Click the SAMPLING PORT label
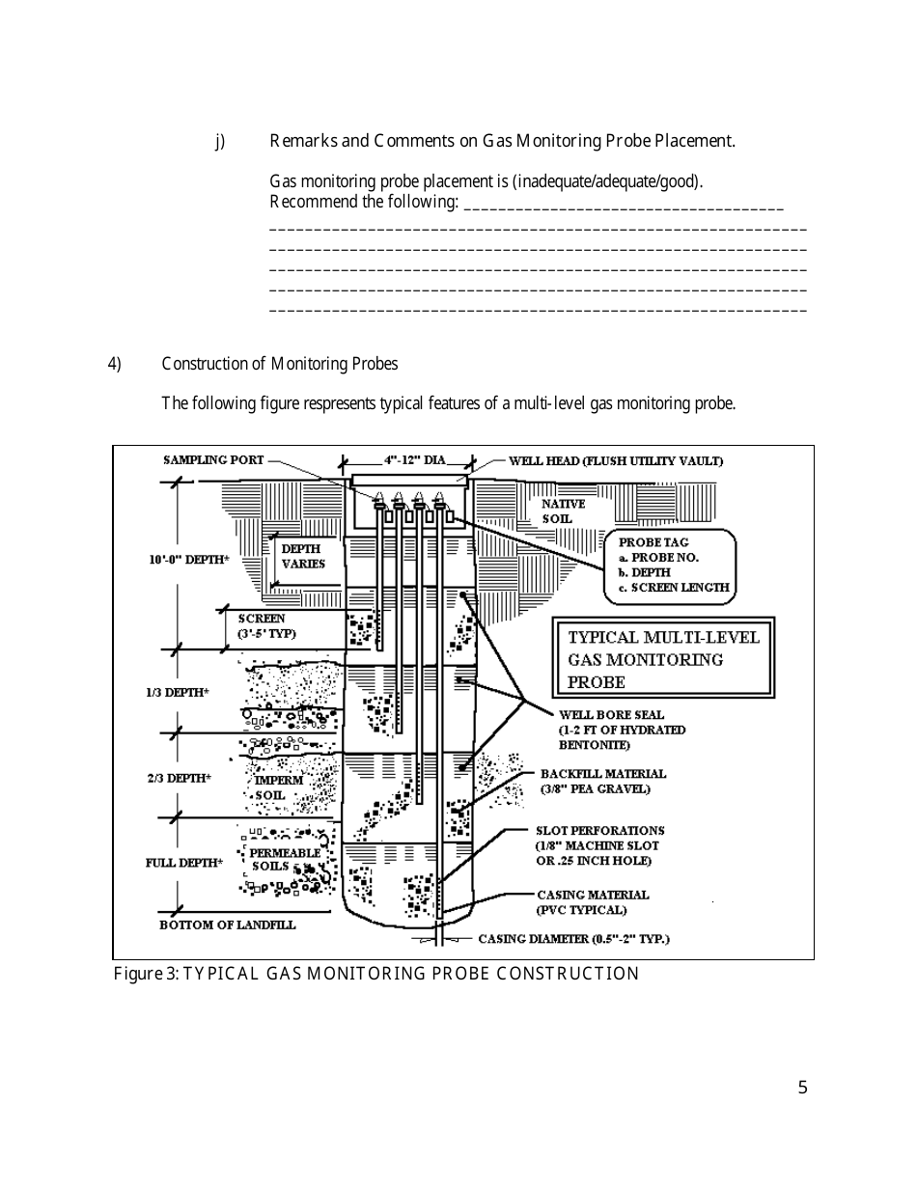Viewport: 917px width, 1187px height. pos(212,460)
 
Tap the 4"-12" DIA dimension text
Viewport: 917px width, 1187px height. pos(415,460)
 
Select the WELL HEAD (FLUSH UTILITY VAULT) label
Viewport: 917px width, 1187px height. pos(615,461)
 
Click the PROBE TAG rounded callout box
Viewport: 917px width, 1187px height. pos(670,566)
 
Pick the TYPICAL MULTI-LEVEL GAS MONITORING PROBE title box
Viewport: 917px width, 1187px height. pos(663,659)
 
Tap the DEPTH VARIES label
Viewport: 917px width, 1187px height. pos(302,556)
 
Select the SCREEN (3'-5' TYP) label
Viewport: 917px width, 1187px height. pos(265,626)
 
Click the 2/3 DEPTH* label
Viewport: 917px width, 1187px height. pos(179,778)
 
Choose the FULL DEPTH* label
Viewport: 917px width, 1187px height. pos(183,863)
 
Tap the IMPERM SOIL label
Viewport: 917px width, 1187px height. pos(278,787)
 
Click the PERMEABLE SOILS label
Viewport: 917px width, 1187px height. pos(284,860)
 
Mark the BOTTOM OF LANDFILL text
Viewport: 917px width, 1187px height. pos(227,925)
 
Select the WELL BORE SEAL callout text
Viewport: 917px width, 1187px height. pos(622,730)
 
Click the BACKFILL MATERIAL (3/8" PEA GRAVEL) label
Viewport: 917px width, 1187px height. pos(602,781)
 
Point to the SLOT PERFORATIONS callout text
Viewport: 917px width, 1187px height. pos(599,845)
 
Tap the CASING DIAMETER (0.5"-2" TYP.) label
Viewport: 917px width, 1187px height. pos(573,939)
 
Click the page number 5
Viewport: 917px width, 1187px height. pos(802,1089)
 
